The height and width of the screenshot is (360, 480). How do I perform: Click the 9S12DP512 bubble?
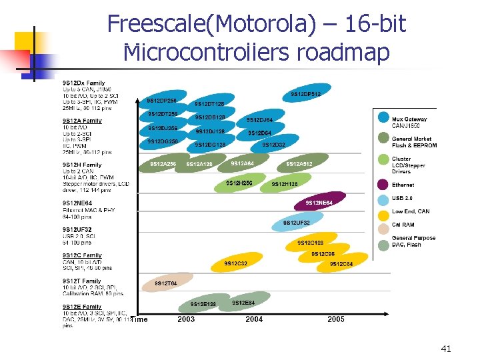tap(306, 94)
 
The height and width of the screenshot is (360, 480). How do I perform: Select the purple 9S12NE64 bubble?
tap(319, 202)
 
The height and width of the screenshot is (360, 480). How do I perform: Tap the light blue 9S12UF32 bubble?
tap(297, 222)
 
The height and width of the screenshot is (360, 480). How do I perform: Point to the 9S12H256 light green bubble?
tap(239, 183)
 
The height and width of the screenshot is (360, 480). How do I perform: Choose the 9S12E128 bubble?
tap(203, 304)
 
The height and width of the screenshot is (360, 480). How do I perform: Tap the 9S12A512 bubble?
tap(299, 164)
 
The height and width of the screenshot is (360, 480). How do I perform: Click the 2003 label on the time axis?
tap(186, 319)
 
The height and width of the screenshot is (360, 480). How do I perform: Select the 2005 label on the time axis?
tap(336, 319)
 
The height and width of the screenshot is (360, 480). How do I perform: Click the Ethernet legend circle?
tap(383, 185)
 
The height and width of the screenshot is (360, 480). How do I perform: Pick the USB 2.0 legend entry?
tap(403, 199)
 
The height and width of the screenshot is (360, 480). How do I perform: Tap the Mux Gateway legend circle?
tap(383, 117)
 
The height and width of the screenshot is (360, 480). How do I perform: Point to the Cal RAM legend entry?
tap(402, 225)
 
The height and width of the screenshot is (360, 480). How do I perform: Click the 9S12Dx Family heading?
tap(84, 83)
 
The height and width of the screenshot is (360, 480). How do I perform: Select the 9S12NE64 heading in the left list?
tap(78, 203)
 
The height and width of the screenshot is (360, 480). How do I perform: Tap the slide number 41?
tap(446, 349)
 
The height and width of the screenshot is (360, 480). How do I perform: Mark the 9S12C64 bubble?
tap(342, 264)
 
